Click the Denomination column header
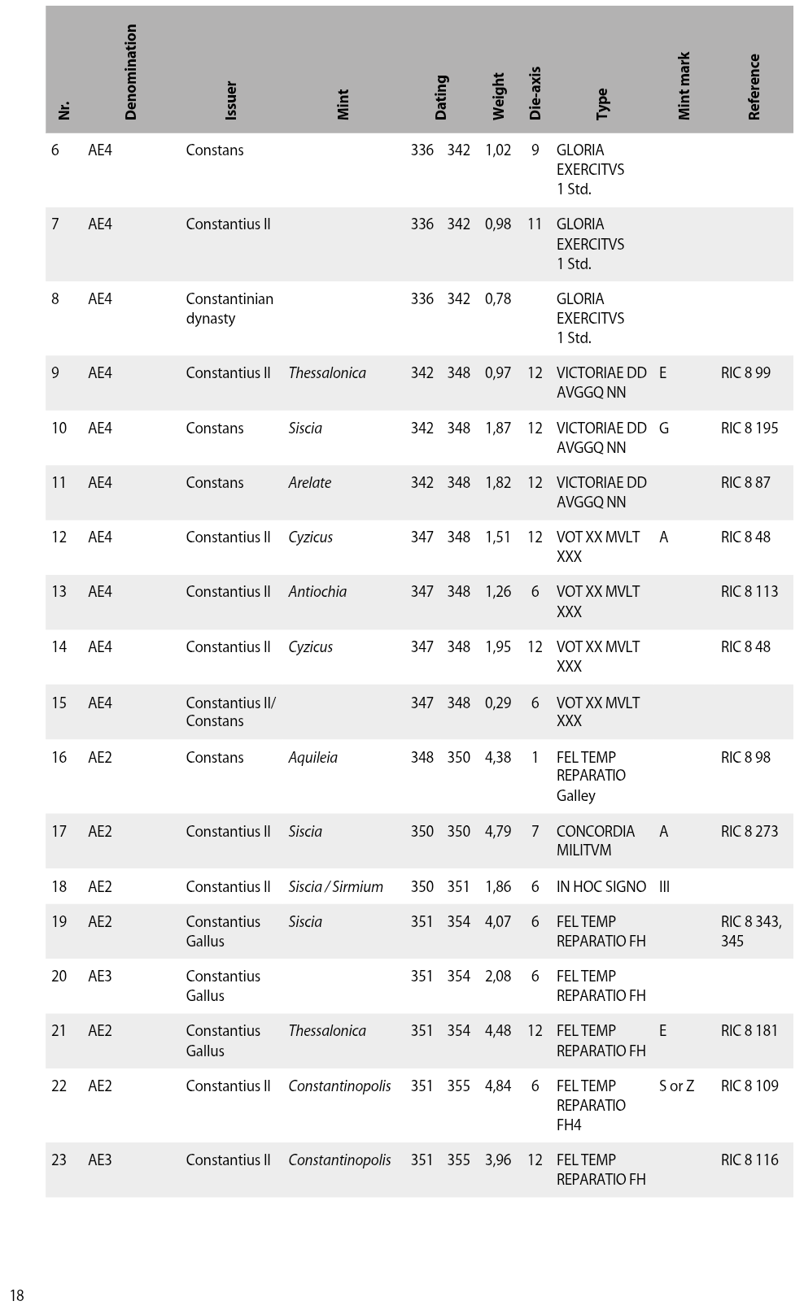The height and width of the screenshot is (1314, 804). click(x=130, y=72)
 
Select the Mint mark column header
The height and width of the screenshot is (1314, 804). click(x=684, y=86)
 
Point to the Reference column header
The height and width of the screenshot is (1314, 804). click(x=754, y=87)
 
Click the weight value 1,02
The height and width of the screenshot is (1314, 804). click(x=498, y=150)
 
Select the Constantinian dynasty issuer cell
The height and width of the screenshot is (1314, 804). click(x=229, y=309)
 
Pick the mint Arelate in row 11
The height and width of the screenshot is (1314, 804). click(x=310, y=483)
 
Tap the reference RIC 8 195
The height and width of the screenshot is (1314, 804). click(x=749, y=429)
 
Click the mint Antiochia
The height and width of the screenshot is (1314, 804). click(x=317, y=592)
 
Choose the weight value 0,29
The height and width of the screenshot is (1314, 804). click(x=498, y=703)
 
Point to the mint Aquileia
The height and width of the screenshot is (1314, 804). click(x=312, y=758)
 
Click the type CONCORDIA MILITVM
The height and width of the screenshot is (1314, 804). click(x=595, y=841)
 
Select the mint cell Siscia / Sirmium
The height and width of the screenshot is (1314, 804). click(x=335, y=887)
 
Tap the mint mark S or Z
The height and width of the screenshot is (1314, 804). click(x=676, y=1086)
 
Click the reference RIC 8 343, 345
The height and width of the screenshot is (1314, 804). click(x=751, y=932)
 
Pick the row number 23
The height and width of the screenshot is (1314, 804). click(x=59, y=1160)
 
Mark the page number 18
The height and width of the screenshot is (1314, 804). click(x=16, y=1295)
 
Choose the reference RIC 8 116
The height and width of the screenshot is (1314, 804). click(x=749, y=1160)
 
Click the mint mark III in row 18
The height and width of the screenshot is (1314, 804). click(x=664, y=887)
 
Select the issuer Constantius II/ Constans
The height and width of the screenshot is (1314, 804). click(x=230, y=712)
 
